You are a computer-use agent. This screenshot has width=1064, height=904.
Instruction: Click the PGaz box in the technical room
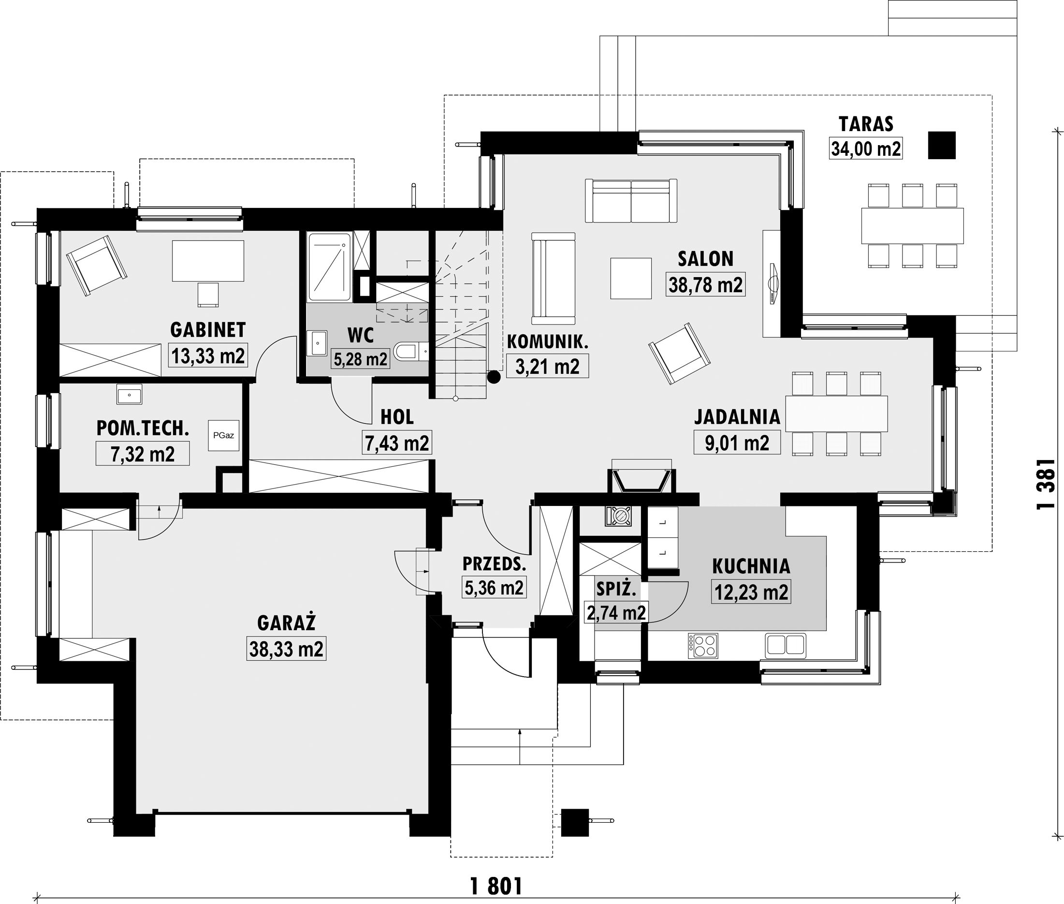[x=223, y=435]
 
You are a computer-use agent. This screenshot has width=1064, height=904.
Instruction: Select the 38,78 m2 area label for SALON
[x=705, y=284]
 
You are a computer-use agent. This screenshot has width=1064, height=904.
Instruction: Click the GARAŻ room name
[x=286, y=622]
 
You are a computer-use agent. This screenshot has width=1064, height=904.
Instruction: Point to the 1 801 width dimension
[x=496, y=886]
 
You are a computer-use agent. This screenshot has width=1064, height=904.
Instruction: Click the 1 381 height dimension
[x=1045, y=484]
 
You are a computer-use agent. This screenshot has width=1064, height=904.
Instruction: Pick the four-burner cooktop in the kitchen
[x=703, y=646]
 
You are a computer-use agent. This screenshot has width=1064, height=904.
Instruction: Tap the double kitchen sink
[x=786, y=646]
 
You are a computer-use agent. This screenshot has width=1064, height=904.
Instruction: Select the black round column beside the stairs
[x=493, y=377]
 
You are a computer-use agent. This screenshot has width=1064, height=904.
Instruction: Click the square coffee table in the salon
[x=630, y=278]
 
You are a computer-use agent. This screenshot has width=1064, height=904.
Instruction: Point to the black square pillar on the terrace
[x=942, y=145]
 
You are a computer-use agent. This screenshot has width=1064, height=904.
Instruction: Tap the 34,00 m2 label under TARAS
[x=865, y=148]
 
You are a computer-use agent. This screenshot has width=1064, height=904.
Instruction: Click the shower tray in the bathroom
[x=329, y=267]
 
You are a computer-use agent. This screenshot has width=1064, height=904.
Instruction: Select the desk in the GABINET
[x=208, y=261]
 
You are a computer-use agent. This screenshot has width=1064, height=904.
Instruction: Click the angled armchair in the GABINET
[x=96, y=266]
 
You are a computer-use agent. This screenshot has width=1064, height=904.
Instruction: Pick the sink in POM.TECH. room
[x=129, y=395]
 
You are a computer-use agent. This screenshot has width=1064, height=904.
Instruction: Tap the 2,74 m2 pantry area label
[x=616, y=612]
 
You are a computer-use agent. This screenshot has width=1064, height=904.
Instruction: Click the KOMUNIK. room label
[x=548, y=341]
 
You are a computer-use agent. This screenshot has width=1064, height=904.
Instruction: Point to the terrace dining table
[x=912, y=225]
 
